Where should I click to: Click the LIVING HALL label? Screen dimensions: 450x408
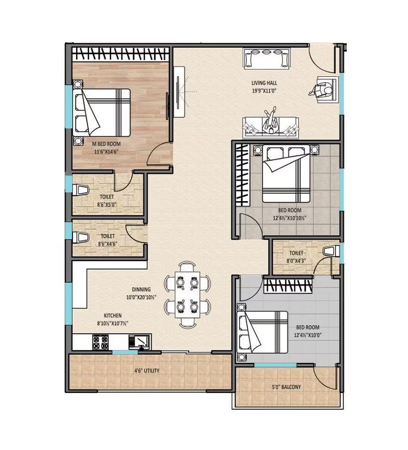click(x=264, y=82)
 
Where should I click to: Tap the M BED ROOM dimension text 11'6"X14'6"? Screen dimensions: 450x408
click(x=106, y=151)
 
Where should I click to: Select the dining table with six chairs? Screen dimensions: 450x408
click(x=187, y=294)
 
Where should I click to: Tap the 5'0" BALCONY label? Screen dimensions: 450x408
click(x=286, y=387)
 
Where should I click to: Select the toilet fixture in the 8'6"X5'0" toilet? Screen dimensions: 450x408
click(x=81, y=191)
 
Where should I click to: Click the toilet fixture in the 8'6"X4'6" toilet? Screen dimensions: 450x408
click(x=81, y=237)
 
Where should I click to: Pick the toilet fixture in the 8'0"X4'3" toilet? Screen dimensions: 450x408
click(x=329, y=251)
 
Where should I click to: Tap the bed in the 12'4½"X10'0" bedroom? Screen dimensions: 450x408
click(x=263, y=332)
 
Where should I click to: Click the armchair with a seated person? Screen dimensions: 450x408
click(x=326, y=90)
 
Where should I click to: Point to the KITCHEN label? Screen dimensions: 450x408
click(x=112, y=315)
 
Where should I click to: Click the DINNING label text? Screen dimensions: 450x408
click(x=140, y=290)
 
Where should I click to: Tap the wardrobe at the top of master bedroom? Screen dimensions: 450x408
click(x=121, y=54)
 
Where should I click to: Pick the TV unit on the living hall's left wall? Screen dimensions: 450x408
click(x=179, y=91)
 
